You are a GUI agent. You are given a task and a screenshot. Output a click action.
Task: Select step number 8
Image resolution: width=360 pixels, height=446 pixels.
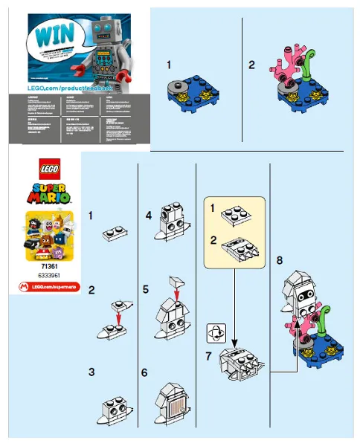pos(279,260)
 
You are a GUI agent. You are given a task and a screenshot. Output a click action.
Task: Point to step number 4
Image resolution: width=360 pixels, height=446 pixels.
pos(149,216)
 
